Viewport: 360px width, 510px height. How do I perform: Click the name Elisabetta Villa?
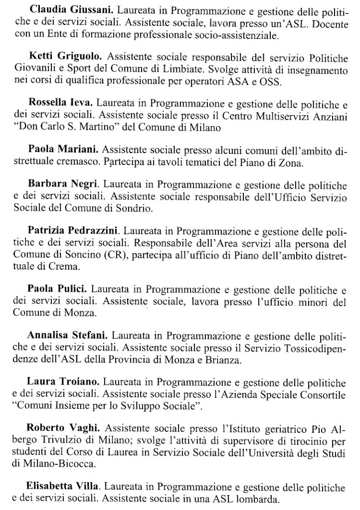pos(64,484)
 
